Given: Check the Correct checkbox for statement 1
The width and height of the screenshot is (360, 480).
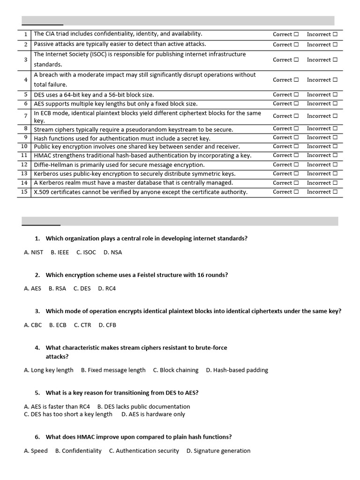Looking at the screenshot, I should (x=296, y=34).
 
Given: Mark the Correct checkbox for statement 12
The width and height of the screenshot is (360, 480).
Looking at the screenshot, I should (x=296, y=165).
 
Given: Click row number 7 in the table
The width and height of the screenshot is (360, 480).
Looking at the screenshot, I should (x=25, y=116).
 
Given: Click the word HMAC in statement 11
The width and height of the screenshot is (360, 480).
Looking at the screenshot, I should (x=43, y=156).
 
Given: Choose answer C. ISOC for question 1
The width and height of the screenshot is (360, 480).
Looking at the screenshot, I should (x=86, y=252).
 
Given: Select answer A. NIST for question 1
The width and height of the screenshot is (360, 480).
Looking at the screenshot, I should (x=33, y=252).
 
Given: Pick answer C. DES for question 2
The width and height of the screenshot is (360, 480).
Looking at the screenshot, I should (x=82, y=289).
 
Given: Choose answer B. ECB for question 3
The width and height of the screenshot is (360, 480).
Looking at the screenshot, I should (x=58, y=325).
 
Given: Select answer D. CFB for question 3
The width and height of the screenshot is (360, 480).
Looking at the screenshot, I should (x=107, y=325).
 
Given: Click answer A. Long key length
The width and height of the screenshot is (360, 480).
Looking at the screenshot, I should (x=49, y=370).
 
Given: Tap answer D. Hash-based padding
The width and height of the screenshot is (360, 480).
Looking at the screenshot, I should (x=237, y=370).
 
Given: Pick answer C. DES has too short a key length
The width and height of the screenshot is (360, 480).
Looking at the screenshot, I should (x=68, y=414).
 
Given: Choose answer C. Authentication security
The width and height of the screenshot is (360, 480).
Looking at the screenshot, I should (x=144, y=451).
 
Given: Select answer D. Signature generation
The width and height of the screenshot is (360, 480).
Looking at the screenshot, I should (x=218, y=451).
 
